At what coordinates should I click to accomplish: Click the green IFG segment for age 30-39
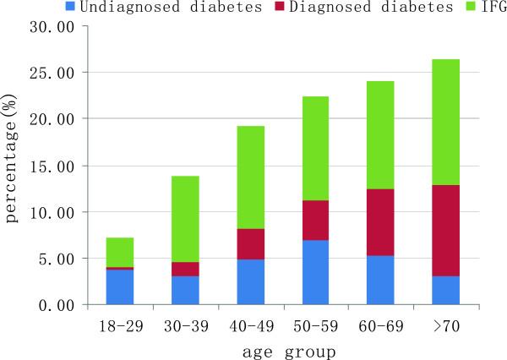tap(186, 219)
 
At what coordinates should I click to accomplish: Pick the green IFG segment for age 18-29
tap(119, 253)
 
